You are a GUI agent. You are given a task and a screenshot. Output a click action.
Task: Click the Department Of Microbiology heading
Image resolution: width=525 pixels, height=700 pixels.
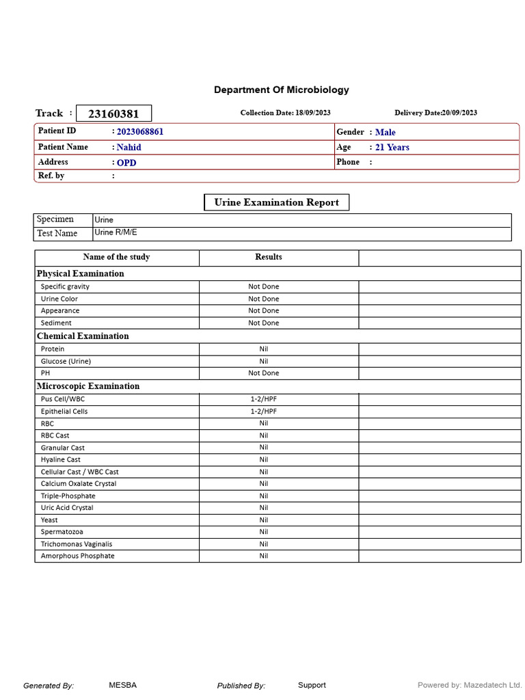click(x=281, y=90)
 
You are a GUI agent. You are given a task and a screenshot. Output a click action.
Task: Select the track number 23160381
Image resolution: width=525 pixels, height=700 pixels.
click(x=113, y=113)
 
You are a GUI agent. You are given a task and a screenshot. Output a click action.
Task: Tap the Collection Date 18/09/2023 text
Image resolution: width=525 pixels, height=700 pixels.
click(x=285, y=113)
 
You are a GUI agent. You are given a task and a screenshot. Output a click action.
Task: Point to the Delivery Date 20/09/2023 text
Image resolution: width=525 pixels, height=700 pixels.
click(x=435, y=113)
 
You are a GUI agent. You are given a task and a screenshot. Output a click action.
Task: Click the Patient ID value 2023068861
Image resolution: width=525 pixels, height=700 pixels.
click(x=140, y=132)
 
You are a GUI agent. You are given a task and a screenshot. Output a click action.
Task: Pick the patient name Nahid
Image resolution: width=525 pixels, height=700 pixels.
click(x=129, y=147)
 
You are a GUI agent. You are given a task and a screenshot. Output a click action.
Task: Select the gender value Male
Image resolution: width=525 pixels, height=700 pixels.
click(x=385, y=133)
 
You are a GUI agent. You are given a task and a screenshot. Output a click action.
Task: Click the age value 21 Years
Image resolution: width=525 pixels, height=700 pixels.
click(x=392, y=147)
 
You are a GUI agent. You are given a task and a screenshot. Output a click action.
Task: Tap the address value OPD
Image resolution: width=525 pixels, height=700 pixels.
click(x=126, y=163)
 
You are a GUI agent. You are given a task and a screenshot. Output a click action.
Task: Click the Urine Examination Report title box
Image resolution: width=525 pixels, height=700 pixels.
click(x=276, y=202)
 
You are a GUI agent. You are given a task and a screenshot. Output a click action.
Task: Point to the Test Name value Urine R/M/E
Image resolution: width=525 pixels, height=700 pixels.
click(x=116, y=232)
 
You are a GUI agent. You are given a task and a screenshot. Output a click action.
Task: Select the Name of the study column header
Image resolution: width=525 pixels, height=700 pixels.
click(x=116, y=257)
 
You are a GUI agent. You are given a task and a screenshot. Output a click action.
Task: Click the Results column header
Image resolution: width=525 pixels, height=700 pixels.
click(x=268, y=257)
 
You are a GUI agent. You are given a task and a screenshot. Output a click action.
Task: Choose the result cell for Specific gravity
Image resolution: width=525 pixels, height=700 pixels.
click(x=263, y=286)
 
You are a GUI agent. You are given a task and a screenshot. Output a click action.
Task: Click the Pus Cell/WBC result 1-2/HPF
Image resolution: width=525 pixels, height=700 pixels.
click(x=263, y=399)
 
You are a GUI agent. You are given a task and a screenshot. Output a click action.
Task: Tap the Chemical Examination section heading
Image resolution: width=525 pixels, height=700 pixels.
click(x=83, y=336)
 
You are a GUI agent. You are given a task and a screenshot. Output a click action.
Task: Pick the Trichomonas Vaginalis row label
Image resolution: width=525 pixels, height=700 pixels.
click(x=77, y=544)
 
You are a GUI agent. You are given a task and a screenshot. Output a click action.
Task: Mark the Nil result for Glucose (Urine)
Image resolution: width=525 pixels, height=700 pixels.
click(x=263, y=361)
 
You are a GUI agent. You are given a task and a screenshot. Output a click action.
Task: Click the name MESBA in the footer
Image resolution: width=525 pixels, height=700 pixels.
click(x=122, y=685)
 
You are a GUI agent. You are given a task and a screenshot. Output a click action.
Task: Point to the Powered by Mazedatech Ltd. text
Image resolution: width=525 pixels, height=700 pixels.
click(x=470, y=685)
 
